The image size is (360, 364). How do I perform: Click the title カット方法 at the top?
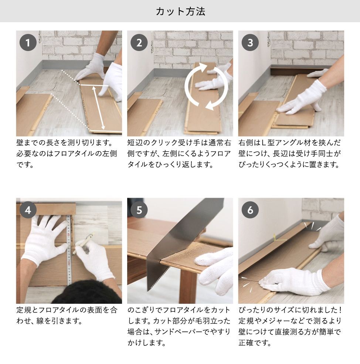[x=180, y=11]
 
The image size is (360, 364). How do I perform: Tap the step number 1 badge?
[x=28, y=43]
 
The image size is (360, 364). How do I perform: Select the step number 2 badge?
[x=139, y=43]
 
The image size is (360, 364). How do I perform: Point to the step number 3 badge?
[x=250, y=43]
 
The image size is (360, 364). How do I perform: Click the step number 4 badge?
[x=28, y=210]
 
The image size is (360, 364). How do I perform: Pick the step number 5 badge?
[x=139, y=210]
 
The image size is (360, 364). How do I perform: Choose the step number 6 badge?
[x=250, y=210]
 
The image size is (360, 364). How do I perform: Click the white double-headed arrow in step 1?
[x=98, y=108]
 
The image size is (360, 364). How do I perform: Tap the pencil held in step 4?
[x=83, y=244]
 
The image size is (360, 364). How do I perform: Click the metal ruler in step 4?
[x=69, y=250]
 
